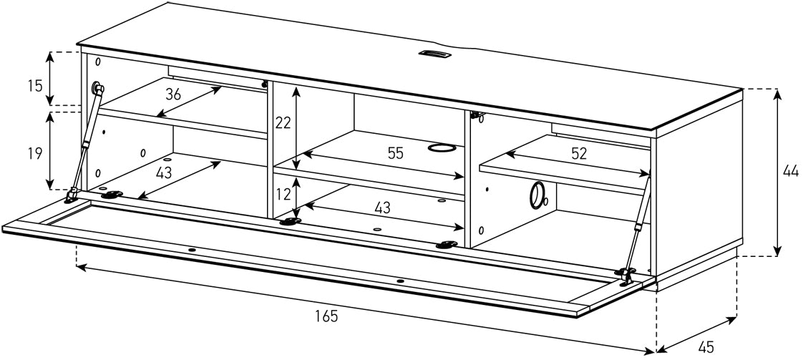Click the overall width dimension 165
point(326,316)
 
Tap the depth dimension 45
point(706,346)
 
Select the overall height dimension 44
point(790,171)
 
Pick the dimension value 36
point(173,94)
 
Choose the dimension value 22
point(283,122)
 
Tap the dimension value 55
point(396,152)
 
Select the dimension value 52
point(579,152)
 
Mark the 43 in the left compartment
point(164,172)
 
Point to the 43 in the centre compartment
point(382,208)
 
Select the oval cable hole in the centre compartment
point(441,148)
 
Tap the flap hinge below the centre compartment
point(289,221)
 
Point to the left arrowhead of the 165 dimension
point(80,268)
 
